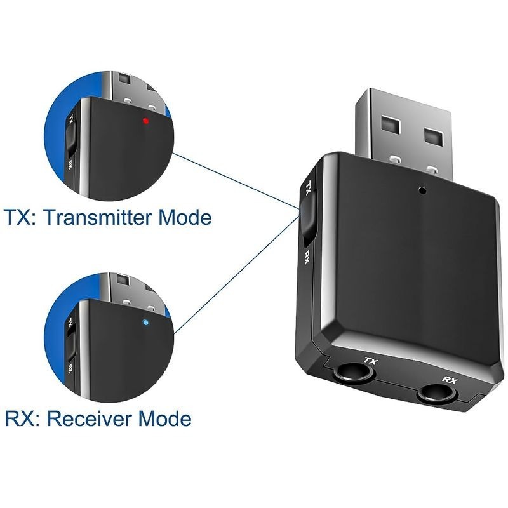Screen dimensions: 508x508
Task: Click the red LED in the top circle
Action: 145,121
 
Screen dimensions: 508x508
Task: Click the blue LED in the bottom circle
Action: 146,323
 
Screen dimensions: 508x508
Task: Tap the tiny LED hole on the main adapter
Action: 420,189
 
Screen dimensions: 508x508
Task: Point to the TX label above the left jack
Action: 370,361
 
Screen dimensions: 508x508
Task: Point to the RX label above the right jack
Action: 450,380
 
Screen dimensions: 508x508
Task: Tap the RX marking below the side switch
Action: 307,257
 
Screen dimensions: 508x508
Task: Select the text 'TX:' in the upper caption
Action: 23,217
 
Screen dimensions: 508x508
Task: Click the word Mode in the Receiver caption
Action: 164,418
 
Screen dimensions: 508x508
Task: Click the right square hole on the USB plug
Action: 433,137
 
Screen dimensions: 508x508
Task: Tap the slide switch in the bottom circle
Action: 71,341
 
